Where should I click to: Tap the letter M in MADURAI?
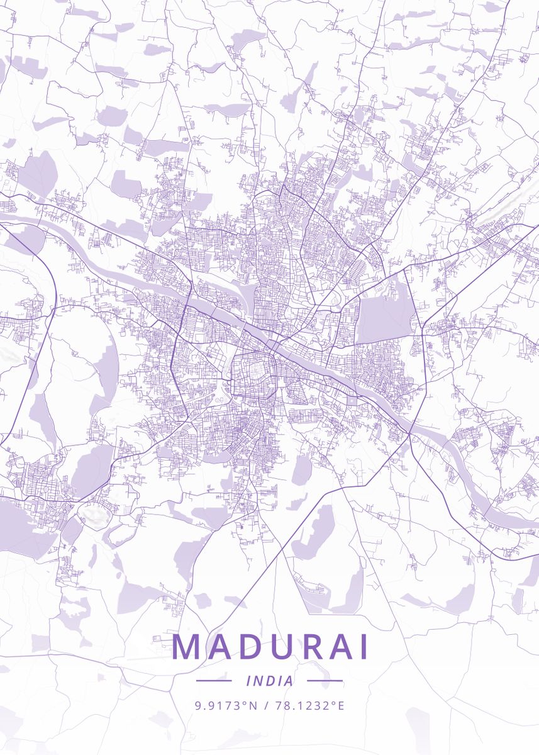point(187,646)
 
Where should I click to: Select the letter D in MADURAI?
point(248,646)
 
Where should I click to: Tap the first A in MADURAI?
point(218,646)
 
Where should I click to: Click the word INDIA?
point(270,681)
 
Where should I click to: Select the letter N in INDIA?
point(258,681)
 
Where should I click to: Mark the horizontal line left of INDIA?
point(214,681)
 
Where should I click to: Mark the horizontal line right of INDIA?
point(325,681)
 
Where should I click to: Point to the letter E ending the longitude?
point(342,705)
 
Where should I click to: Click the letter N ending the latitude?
point(254,705)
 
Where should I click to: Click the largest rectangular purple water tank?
point(384,318)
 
